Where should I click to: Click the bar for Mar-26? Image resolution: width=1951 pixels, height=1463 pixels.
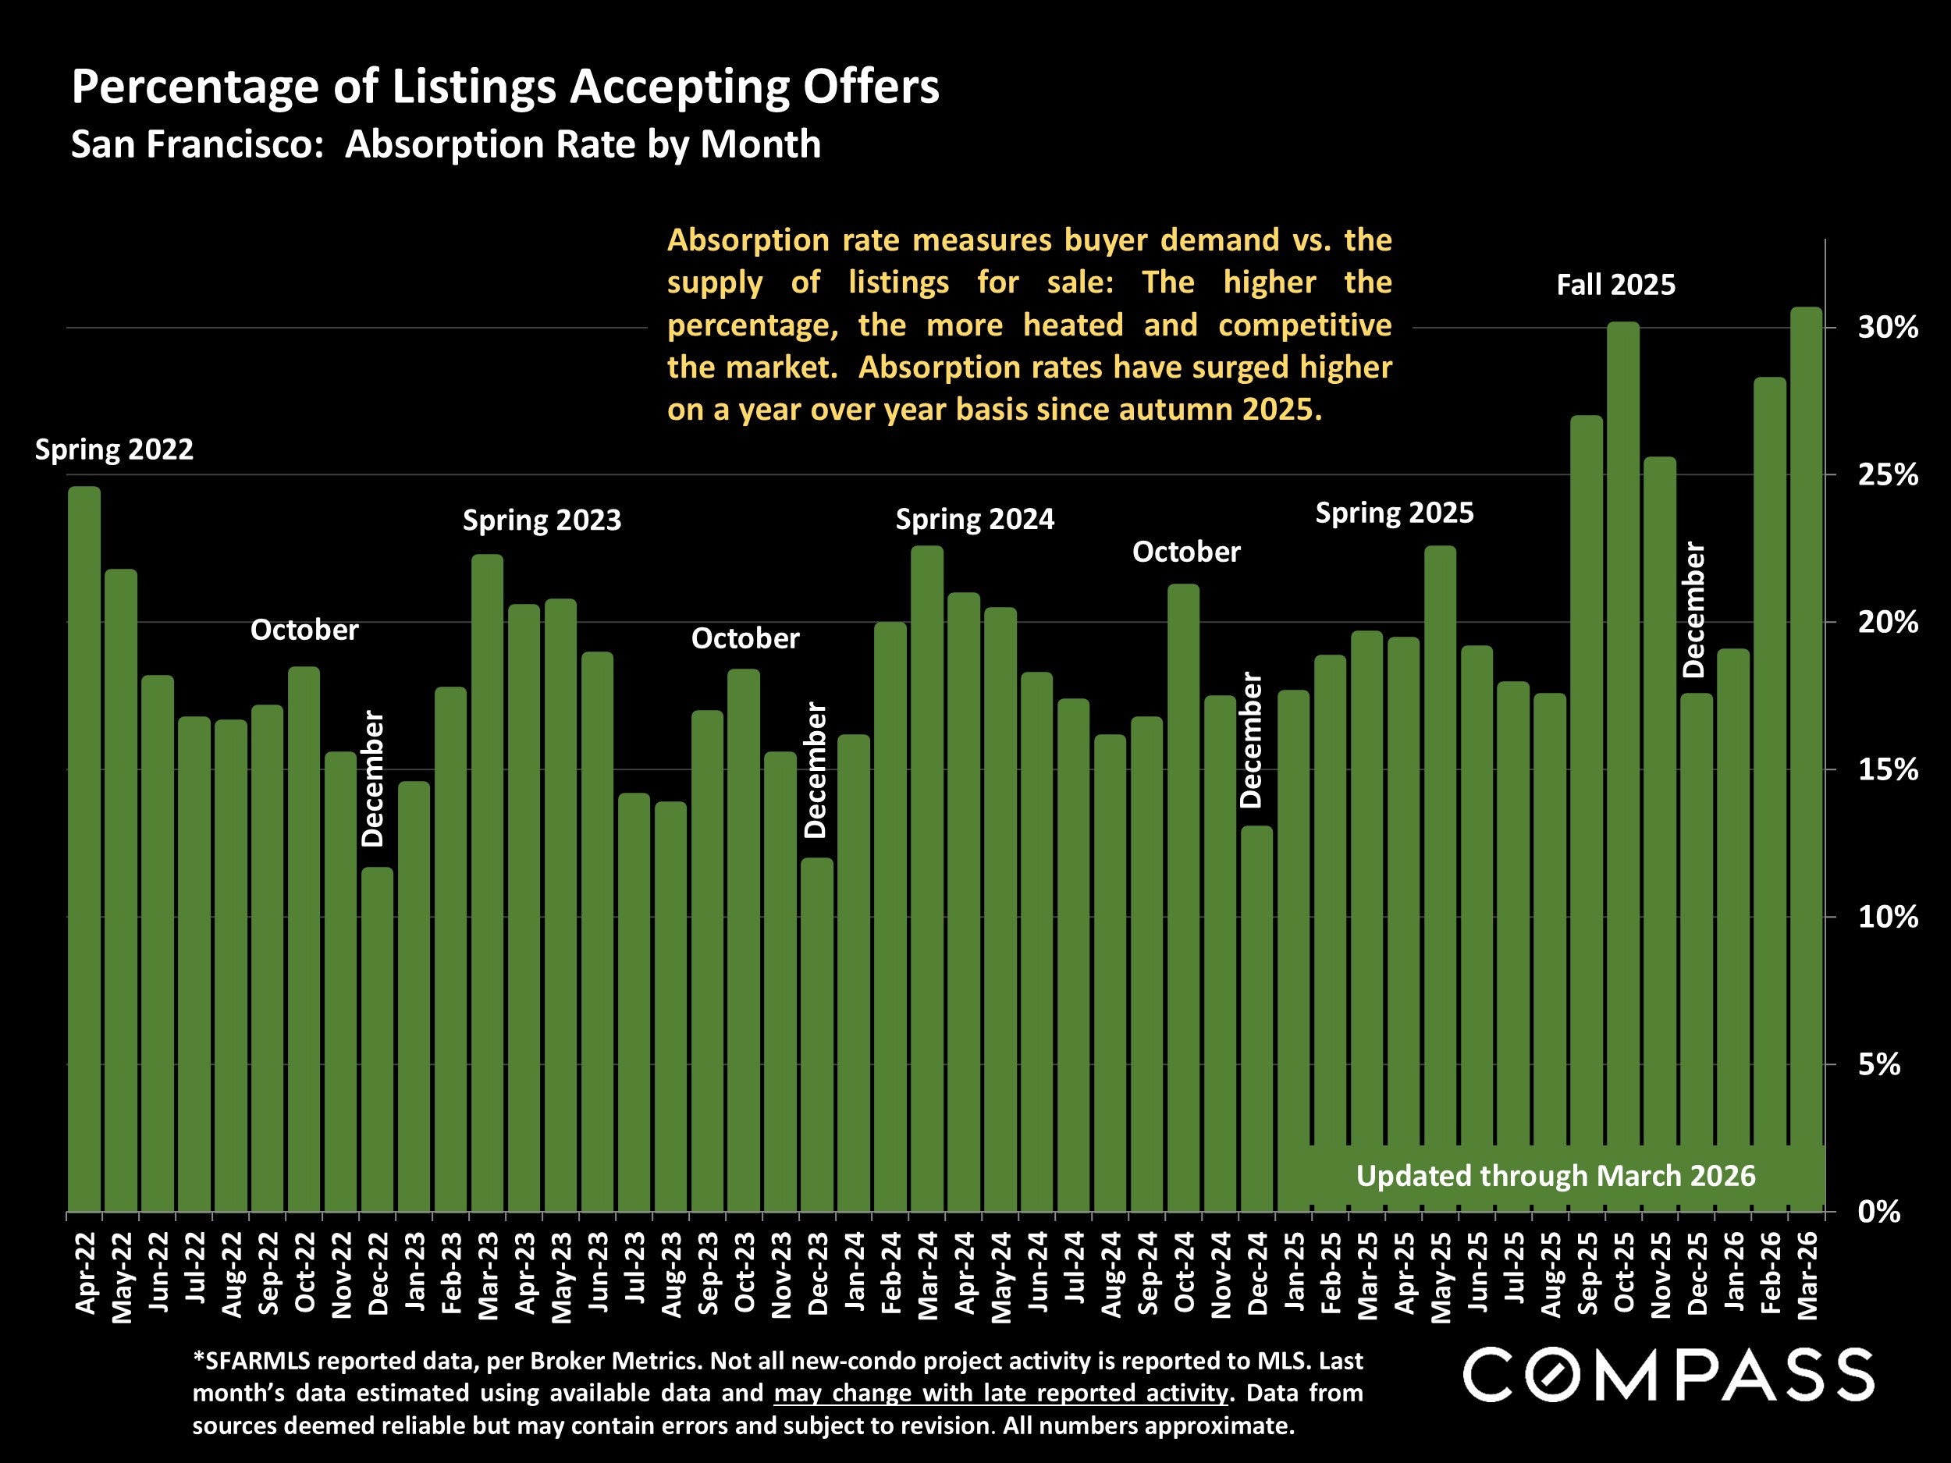point(1806,759)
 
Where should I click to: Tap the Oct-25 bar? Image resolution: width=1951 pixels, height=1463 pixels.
point(1623,767)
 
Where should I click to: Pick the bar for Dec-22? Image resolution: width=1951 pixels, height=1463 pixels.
point(378,1040)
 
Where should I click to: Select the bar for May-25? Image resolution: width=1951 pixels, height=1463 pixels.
point(1441,879)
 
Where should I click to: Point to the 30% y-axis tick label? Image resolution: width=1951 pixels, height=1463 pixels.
point(1889,328)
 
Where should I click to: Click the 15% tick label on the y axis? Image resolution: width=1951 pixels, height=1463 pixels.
point(1889,770)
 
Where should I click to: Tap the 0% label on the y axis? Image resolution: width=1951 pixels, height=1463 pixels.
point(1879,1212)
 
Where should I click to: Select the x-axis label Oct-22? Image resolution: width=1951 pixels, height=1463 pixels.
point(304,1272)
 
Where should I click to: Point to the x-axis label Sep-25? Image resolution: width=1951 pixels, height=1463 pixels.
point(1587,1273)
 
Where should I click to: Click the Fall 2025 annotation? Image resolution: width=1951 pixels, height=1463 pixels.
point(1616,285)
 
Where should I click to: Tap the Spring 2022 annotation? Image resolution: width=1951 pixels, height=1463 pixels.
point(114,449)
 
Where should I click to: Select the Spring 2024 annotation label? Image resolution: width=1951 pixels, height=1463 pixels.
point(975,520)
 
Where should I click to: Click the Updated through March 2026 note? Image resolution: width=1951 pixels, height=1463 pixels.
point(1556,1176)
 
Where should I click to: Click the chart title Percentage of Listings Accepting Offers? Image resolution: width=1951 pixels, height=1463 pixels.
point(506,87)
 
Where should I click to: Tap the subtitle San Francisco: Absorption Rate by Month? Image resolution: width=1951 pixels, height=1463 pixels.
point(446,144)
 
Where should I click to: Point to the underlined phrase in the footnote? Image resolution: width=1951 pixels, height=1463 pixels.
point(1001,1394)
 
